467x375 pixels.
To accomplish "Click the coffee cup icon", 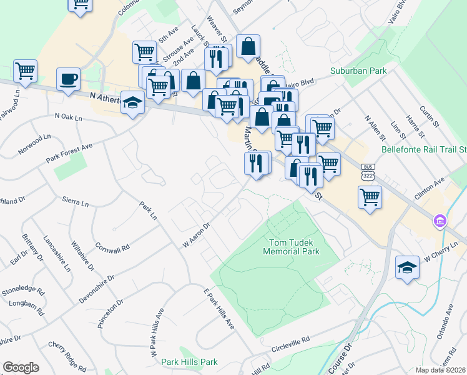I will tap(68, 79).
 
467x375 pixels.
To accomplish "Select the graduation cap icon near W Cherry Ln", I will tap(407, 267).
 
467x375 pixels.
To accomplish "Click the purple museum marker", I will tap(440, 221).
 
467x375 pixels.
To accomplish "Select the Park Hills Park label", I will tap(189, 362).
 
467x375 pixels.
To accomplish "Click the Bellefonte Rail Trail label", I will tap(424, 150).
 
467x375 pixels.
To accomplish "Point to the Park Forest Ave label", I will tap(69, 154).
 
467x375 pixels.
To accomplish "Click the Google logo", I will tap(21, 367).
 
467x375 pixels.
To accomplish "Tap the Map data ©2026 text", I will tap(441, 370).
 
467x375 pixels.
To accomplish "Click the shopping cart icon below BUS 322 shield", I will tap(370, 197).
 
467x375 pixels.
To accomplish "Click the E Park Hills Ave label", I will tap(219, 309).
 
